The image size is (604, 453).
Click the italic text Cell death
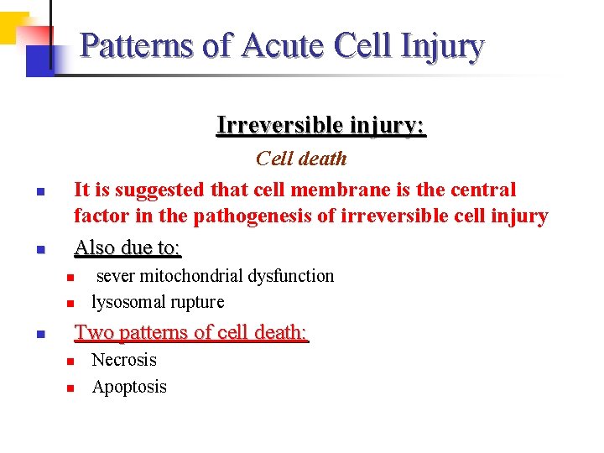[x=300, y=159]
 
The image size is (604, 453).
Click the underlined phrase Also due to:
[x=128, y=248]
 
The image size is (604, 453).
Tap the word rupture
[x=196, y=302]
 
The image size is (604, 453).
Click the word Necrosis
[x=124, y=360]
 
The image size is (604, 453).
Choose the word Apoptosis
[x=129, y=387]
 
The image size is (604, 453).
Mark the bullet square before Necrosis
[x=71, y=362]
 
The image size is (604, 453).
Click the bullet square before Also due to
[x=39, y=250]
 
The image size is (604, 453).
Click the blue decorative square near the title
[x=39, y=60]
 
